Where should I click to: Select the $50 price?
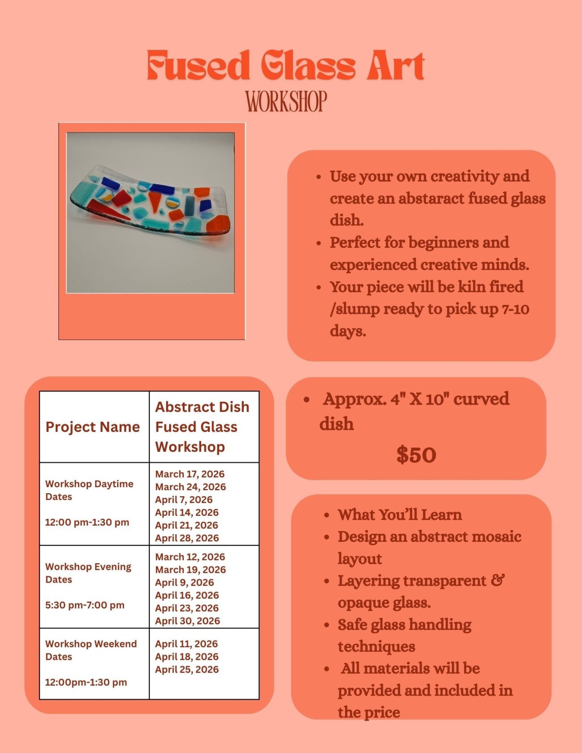(x=416, y=454)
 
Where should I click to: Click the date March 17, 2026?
(x=190, y=474)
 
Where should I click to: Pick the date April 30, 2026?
(x=187, y=621)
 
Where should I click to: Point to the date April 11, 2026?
(x=186, y=644)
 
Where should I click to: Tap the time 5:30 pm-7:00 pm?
(x=85, y=605)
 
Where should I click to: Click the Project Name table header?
(x=92, y=427)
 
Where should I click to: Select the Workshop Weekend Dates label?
(x=91, y=650)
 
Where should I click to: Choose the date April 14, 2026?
(x=187, y=512)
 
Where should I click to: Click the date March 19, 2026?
(x=190, y=570)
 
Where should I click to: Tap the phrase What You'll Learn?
(x=400, y=514)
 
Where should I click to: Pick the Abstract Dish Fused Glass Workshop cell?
(x=202, y=427)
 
